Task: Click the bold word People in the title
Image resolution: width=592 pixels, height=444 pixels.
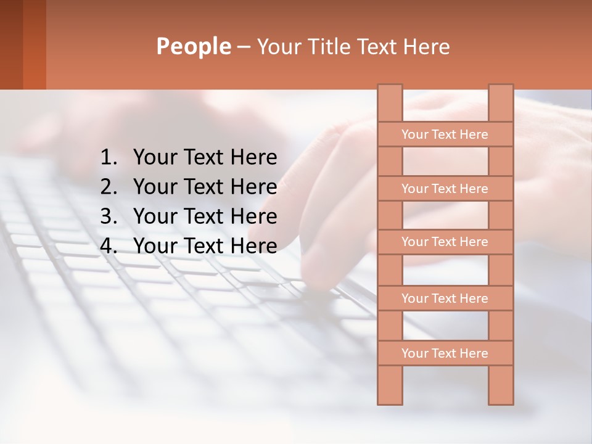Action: click(x=193, y=46)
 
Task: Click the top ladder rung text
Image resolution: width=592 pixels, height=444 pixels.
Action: click(x=445, y=134)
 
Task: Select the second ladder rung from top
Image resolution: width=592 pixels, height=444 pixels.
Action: click(x=445, y=189)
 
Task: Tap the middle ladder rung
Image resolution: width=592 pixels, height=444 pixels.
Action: click(x=445, y=242)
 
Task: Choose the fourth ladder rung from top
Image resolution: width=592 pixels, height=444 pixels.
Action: click(x=445, y=298)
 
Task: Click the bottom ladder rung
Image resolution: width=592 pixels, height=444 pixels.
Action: click(x=445, y=353)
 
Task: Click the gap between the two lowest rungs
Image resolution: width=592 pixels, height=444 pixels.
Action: click(x=445, y=326)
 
